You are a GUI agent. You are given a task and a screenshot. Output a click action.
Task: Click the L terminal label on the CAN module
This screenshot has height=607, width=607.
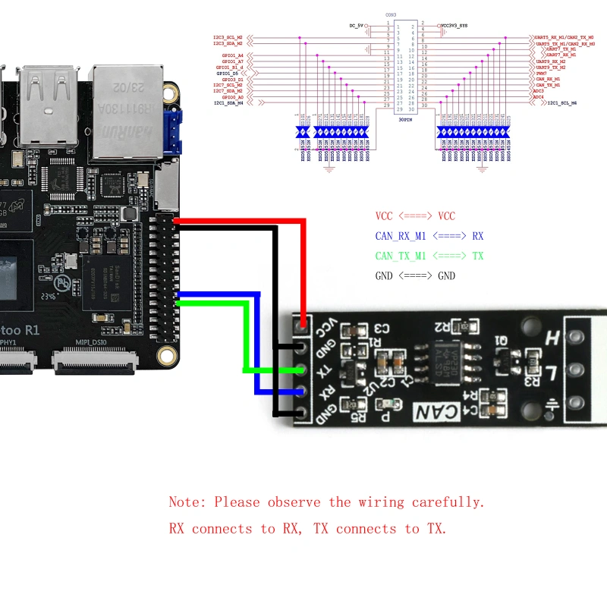(553, 373)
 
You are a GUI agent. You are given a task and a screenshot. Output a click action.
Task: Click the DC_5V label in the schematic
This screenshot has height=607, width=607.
(356, 25)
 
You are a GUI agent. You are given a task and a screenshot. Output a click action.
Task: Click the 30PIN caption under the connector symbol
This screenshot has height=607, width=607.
(407, 119)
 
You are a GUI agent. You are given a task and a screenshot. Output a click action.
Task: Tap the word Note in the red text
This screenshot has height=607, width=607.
(186, 502)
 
